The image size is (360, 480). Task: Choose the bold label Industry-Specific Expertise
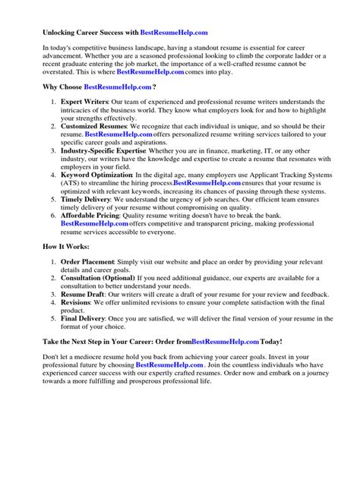109,151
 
